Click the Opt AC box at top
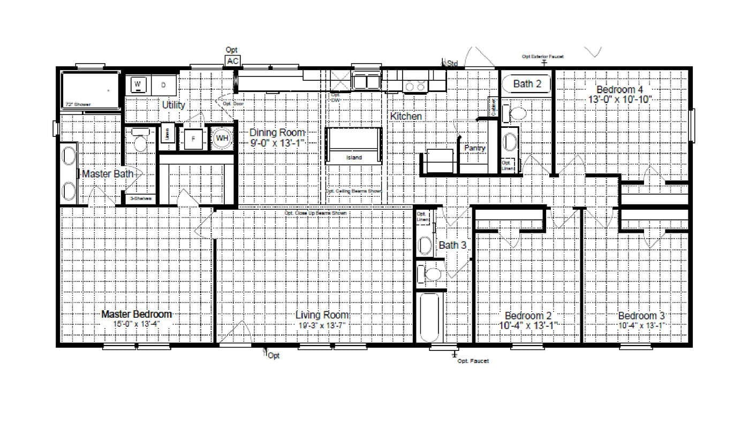(232, 61)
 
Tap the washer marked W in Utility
(138, 85)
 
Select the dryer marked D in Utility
(164, 85)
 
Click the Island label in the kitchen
(353, 158)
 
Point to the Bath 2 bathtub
(526, 84)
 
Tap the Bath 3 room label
(452, 246)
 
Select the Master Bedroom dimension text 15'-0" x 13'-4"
(137, 324)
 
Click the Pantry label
(475, 148)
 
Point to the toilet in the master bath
(140, 140)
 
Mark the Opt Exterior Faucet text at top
(543, 56)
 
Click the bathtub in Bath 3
(429, 316)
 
